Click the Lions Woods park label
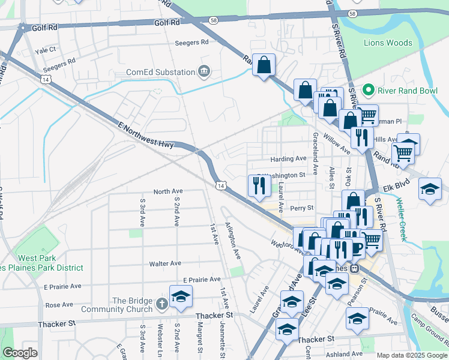[x=388, y=43]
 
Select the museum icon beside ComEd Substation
[x=204, y=72]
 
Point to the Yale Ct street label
[x=46, y=50]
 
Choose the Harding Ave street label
[x=288, y=159]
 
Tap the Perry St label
[x=302, y=208]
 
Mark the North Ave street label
[x=167, y=191]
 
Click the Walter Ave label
[x=165, y=263]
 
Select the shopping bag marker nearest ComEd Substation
[x=264, y=65]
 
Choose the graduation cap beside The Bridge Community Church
[x=181, y=296]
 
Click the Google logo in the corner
[x=20, y=352]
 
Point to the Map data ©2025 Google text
[x=412, y=355]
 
